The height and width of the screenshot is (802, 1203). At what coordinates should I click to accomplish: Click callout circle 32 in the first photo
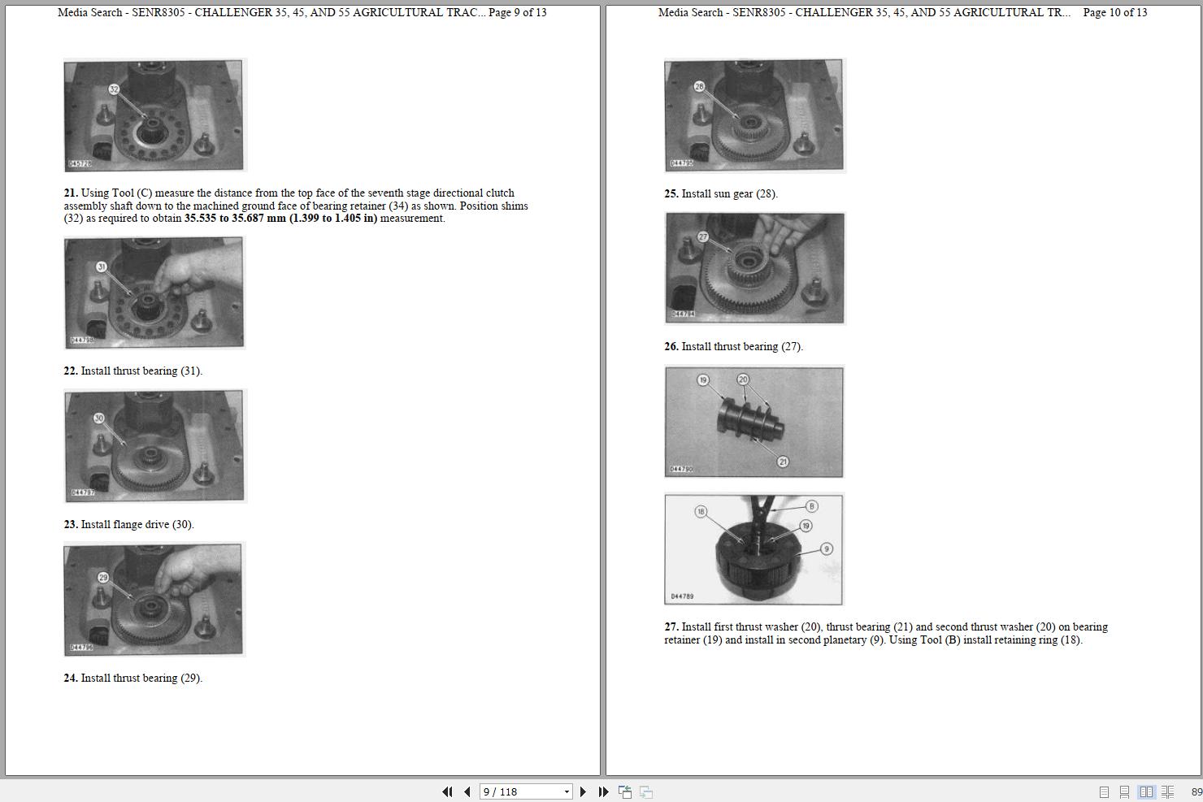point(114,89)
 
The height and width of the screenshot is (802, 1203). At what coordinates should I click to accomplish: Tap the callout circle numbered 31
point(102,267)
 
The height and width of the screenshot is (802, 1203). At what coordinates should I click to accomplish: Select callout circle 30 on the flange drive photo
point(99,418)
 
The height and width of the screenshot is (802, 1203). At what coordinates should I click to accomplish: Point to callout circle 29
point(104,578)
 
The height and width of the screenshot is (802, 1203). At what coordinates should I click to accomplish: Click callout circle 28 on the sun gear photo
point(699,86)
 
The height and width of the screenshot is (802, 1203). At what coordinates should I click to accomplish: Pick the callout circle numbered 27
point(703,236)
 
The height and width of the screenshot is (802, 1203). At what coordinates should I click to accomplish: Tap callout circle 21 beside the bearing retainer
point(783,462)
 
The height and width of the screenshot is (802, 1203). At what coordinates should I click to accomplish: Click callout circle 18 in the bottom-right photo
point(701,512)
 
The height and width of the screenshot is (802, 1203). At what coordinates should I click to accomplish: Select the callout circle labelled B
point(811,506)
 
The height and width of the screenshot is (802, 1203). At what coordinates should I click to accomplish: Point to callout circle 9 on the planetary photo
point(827,548)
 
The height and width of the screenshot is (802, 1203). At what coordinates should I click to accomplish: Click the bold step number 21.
point(71,193)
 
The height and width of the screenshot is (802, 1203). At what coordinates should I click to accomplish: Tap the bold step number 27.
point(671,627)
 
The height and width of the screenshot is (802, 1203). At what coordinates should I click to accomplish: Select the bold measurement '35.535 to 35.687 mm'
point(235,219)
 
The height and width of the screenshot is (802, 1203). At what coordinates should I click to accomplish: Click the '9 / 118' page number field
point(526,791)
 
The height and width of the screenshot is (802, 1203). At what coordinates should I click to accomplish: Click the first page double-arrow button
point(447,791)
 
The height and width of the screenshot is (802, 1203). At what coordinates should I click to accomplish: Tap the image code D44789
point(682,596)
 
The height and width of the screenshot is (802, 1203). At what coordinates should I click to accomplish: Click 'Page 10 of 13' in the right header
point(1115,12)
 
